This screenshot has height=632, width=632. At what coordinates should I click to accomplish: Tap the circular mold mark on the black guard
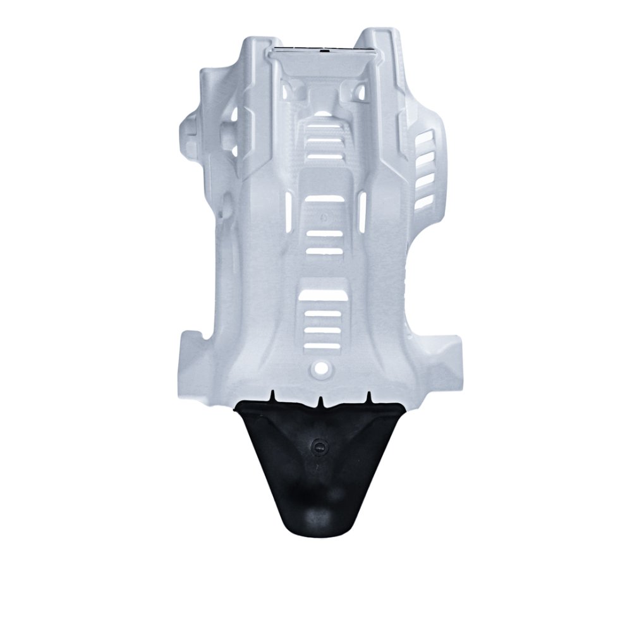319,446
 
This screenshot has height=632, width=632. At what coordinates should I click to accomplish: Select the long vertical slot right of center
363,209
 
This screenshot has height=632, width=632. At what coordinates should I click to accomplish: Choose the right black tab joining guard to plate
368,397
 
